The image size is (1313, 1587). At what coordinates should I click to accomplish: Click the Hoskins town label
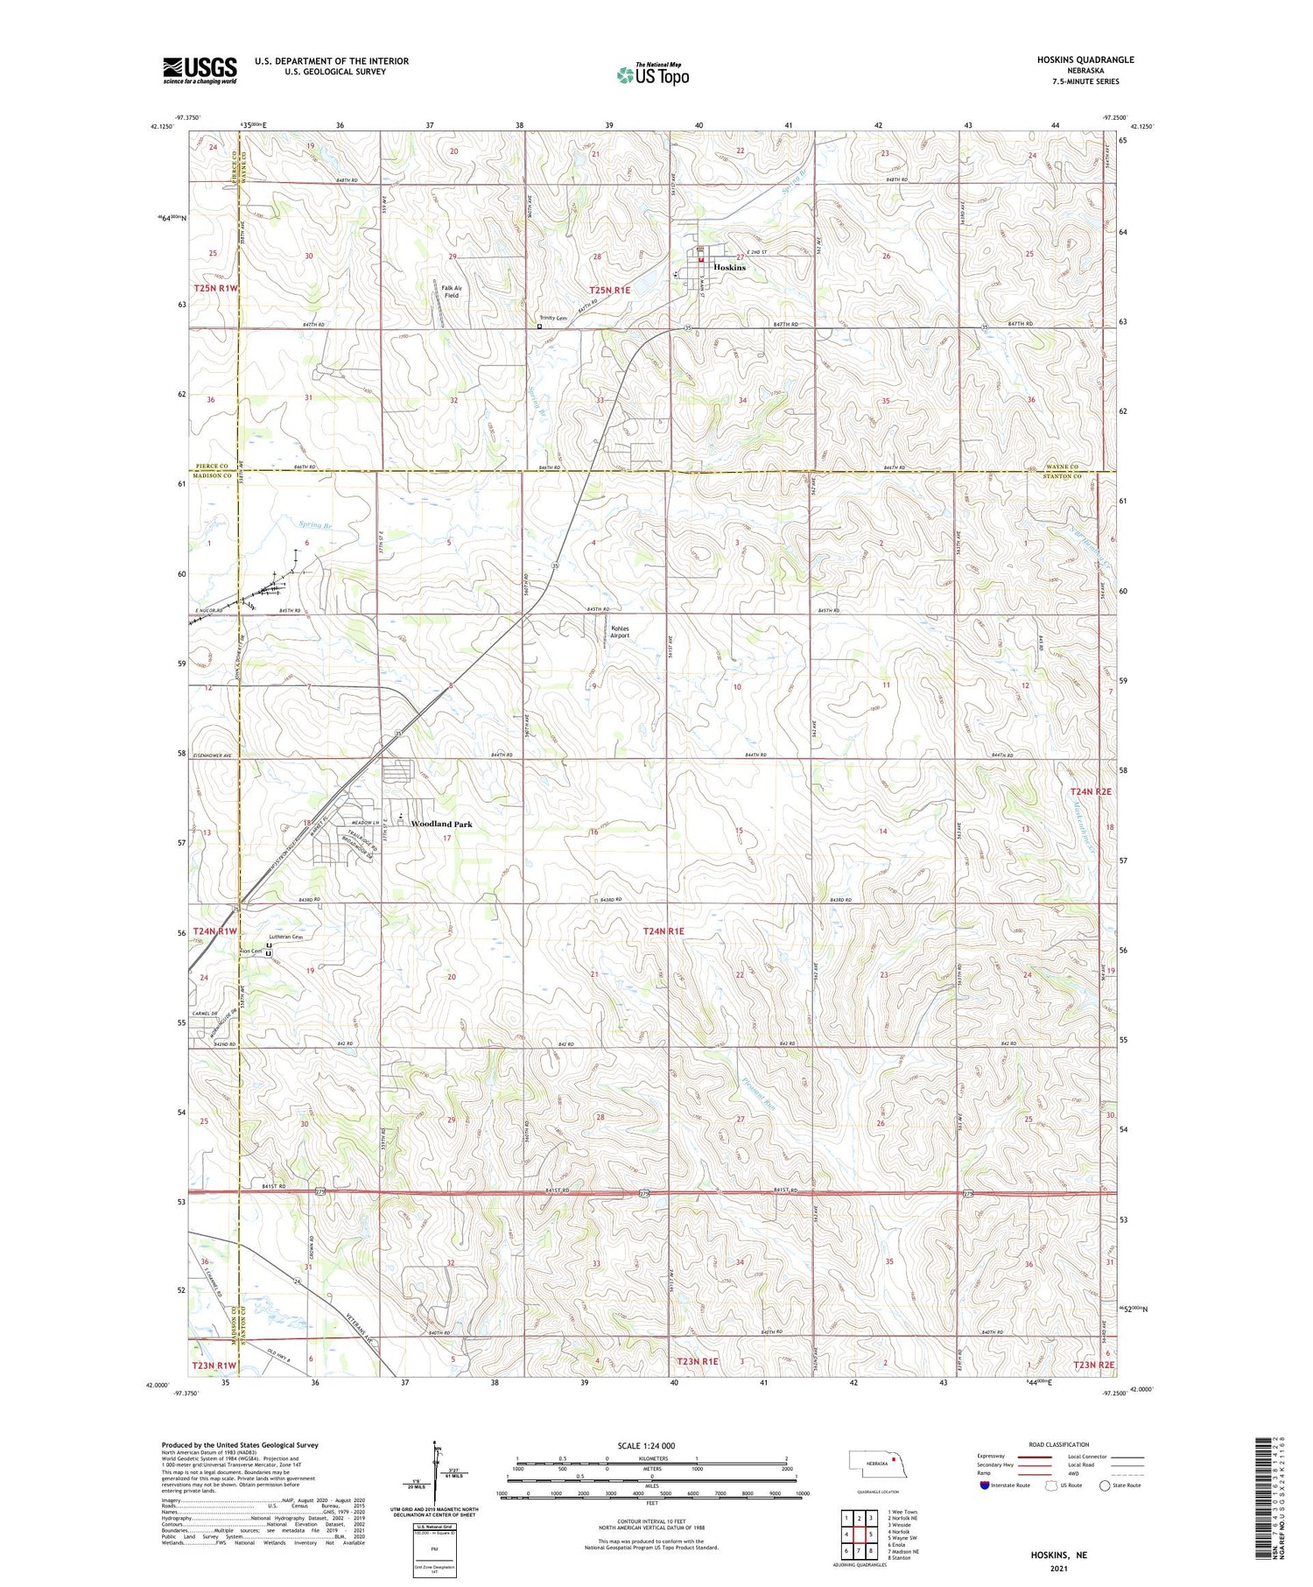729,267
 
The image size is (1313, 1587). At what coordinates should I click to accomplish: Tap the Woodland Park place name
442,824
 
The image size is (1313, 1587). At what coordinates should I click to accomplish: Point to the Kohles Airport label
620,631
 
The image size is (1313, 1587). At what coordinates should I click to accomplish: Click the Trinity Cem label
553,318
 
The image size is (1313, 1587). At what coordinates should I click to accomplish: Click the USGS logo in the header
200,70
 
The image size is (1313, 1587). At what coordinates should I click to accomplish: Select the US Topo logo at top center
652,75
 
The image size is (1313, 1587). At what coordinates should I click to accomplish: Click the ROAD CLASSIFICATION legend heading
1059,1444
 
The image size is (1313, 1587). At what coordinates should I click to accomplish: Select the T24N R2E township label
1091,791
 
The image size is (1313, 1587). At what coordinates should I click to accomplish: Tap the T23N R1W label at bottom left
214,1365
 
